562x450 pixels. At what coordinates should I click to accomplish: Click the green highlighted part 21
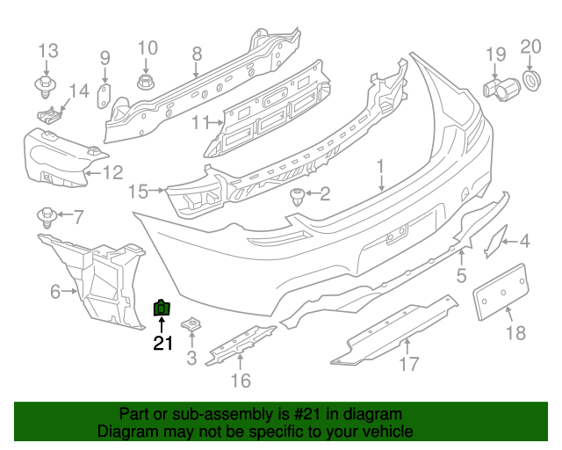click(162, 308)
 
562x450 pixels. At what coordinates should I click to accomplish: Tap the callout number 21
click(163, 344)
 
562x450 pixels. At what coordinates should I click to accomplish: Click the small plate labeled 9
click(102, 95)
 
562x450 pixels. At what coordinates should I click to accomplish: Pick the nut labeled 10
click(146, 83)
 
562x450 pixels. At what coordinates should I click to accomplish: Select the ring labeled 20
click(531, 80)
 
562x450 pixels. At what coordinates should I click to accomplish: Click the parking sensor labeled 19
click(501, 87)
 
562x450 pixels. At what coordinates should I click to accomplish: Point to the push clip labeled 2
click(298, 195)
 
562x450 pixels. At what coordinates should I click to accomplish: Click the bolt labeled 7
click(45, 215)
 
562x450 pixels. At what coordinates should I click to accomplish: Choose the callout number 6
click(54, 291)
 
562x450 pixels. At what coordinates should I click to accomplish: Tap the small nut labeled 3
click(191, 327)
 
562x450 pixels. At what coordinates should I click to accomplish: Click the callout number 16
click(240, 380)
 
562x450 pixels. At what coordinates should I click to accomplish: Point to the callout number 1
click(381, 165)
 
